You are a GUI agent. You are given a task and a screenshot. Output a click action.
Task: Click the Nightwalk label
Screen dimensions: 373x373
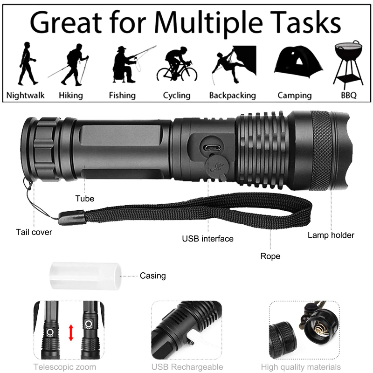[x=25, y=95]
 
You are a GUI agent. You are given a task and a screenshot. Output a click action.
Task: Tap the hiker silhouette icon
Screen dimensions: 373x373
[x=69, y=64]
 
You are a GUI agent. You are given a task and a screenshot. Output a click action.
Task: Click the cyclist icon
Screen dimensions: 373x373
[x=177, y=64]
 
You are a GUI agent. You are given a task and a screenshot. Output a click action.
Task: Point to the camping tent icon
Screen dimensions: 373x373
[x=298, y=62]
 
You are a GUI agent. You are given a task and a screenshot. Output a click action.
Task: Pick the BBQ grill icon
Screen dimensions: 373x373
[x=348, y=63]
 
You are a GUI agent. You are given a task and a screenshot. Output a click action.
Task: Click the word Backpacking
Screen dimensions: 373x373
[x=232, y=96]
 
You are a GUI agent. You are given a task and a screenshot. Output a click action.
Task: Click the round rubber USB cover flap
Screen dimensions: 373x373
[x=217, y=167]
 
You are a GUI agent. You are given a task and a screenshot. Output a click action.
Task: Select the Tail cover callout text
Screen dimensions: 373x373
[x=34, y=232]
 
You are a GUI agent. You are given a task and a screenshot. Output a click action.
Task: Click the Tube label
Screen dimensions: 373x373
[x=85, y=199]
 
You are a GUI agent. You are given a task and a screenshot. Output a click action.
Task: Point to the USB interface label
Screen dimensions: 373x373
[x=207, y=239]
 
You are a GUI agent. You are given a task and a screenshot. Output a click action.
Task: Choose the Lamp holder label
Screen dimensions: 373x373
[x=331, y=235]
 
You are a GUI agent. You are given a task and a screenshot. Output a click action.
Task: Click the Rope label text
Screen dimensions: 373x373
[x=270, y=256]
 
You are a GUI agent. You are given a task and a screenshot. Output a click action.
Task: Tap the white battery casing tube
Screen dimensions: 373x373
[x=85, y=276]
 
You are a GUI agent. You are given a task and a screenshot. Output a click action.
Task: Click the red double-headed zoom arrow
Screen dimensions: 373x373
[x=71, y=333]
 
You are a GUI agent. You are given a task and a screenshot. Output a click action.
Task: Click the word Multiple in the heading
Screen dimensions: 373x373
[x=208, y=23]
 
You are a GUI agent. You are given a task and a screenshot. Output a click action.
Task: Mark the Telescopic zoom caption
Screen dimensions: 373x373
[x=65, y=367]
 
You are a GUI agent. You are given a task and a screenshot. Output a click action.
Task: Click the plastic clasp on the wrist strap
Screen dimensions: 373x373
[x=71, y=217]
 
